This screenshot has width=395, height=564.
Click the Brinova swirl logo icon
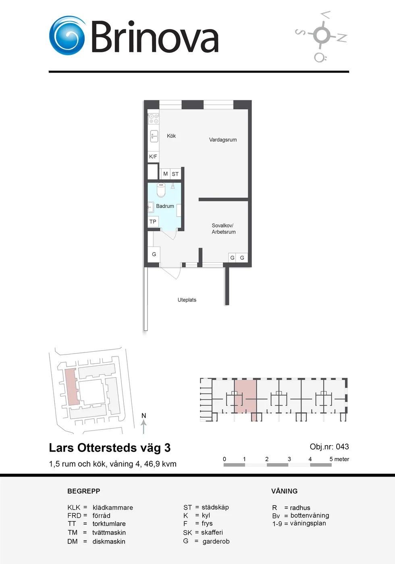tap(67, 35)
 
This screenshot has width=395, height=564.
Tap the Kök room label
tap(171, 136)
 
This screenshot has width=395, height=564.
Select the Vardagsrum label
tap(223, 140)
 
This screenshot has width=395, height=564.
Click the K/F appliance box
tap(153, 156)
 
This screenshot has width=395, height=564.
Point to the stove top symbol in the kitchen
tap(154, 118)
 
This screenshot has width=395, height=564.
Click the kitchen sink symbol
tap(154, 136)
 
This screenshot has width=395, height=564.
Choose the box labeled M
tap(166, 174)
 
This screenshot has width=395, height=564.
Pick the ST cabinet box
tap(175, 174)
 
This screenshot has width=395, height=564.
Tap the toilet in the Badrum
tap(161, 190)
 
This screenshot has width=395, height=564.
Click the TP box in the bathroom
tap(153, 222)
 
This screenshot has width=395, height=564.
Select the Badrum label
tap(165, 206)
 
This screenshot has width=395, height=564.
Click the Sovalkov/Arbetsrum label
tap(223, 229)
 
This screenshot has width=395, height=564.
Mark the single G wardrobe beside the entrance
tap(154, 254)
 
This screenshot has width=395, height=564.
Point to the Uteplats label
tap(187, 300)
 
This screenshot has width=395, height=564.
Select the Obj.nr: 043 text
tap(329, 447)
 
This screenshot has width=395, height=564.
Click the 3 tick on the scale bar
tap(289, 459)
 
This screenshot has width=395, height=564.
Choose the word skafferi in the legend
tap(212, 533)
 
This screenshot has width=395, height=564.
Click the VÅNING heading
tap(285, 491)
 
